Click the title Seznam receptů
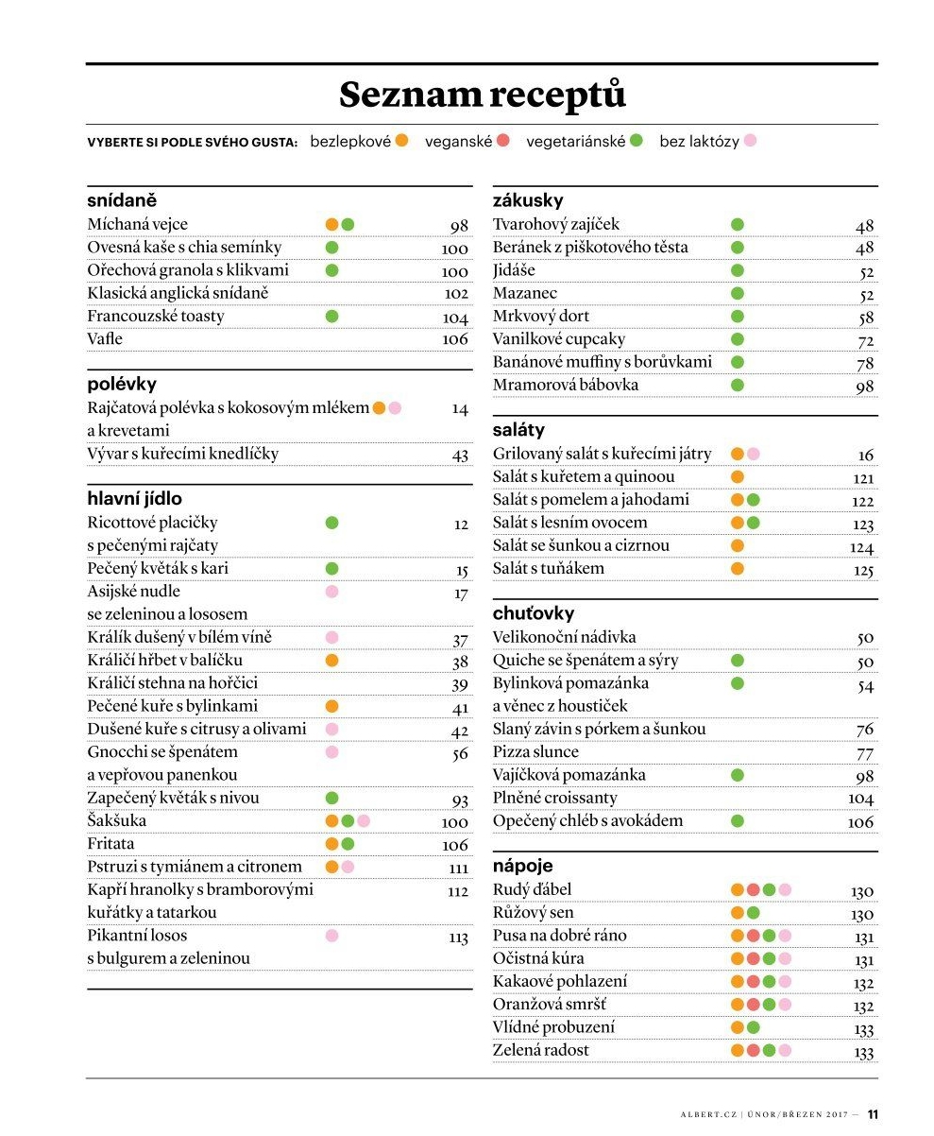click(483, 95)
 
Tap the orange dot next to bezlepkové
click(401, 141)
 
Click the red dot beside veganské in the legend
click(502, 141)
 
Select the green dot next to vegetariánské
click(637, 141)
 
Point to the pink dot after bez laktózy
click(750, 141)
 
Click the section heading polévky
click(122, 385)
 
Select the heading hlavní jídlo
click(135, 498)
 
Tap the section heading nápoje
click(522, 866)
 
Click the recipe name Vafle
click(105, 338)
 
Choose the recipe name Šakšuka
click(117, 820)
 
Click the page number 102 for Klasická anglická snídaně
click(456, 294)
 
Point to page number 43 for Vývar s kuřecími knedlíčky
click(460, 456)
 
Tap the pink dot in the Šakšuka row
click(364, 821)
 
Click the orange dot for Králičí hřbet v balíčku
click(331, 661)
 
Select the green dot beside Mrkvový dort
click(737, 317)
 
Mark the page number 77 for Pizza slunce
click(864, 753)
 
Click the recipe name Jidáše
click(514, 270)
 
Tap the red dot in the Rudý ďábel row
click(753, 889)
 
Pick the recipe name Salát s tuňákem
click(548, 568)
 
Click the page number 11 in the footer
click(873, 1114)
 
